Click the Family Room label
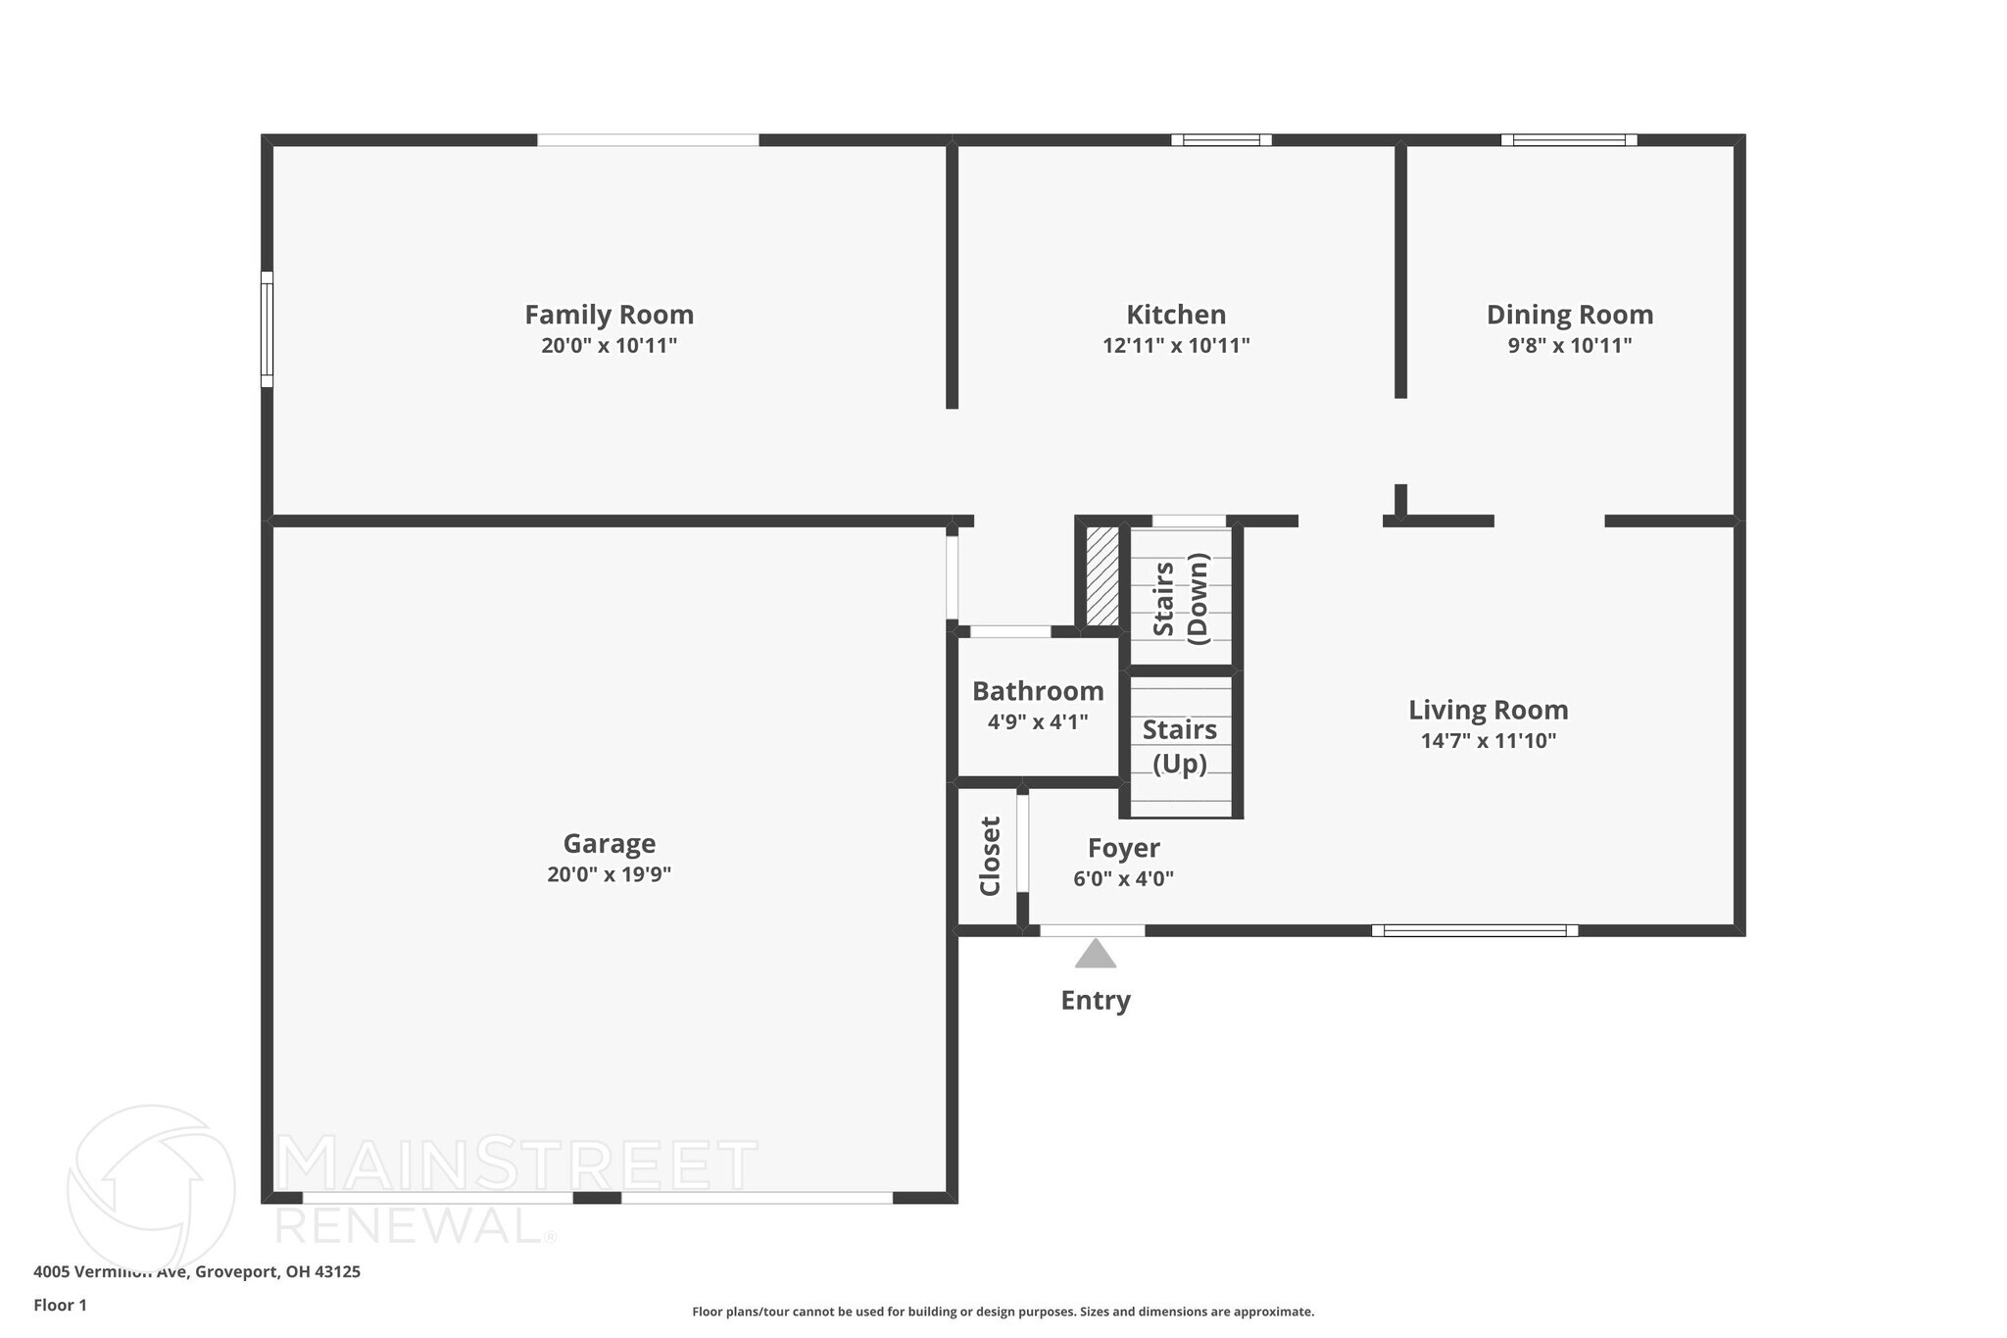609,315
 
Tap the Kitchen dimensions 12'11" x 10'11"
1175,346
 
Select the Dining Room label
1569,315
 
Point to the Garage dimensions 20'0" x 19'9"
609,874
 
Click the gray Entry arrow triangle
1095,955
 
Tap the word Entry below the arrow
1095,1000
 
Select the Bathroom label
1037,691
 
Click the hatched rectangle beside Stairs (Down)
1101,576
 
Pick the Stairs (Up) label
1179,746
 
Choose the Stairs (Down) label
1180,598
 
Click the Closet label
990,856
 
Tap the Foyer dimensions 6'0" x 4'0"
1123,879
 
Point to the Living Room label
1488,710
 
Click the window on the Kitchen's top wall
1221,140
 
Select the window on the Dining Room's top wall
1568,140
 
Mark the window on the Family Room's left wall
267,329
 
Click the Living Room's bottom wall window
1474,930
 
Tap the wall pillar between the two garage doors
597,1197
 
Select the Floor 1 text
60,1306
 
